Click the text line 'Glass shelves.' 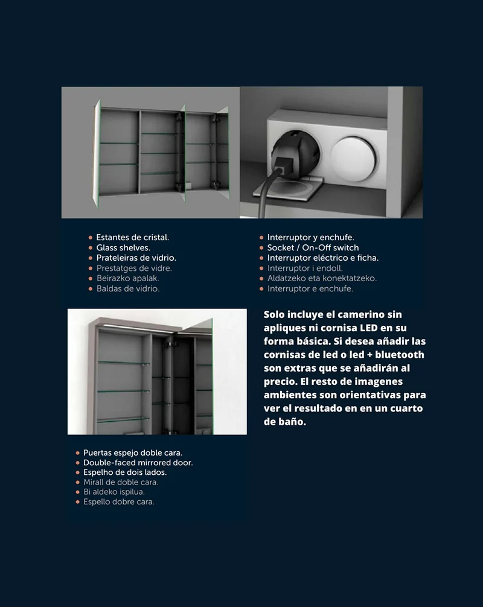pyautogui.click(x=123, y=248)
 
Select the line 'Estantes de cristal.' pyautogui.click(x=132, y=237)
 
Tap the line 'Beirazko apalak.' pyautogui.click(x=128, y=278)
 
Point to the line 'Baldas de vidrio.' pyautogui.click(x=128, y=289)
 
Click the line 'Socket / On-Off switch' pyautogui.click(x=313, y=248)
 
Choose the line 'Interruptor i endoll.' pyautogui.click(x=305, y=269)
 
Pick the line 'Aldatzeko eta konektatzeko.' pyautogui.click(x=322, y=278)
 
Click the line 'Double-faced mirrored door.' pyautogui.click(x=138, y=463)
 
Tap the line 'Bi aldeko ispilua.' pyautogui.click(x=114, y=492)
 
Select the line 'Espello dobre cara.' pyautogui.click(x=118, y=501)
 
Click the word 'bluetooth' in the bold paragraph pyautogui.click(x=399, y=355)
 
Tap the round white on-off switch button pyautogui.click(x=353, y=158)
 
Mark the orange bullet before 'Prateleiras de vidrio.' pyautogui.click(x=91, y=258)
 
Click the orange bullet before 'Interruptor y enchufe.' pyautogui.click(x=261, y=238)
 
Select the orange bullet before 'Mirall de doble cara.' pyautogui.click(x=78, y=482)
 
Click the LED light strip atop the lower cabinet pyautogui.click(x=138, y=328)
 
